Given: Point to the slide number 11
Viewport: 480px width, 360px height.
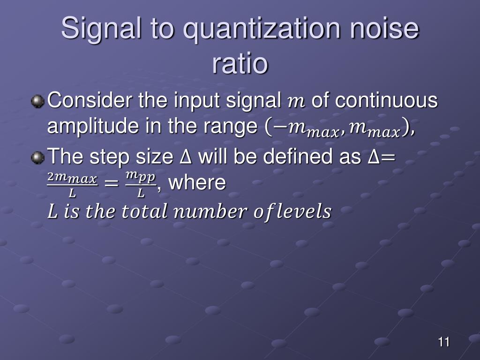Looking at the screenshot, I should [x=444, y=342].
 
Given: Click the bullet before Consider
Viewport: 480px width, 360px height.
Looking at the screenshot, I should [x=37, y=101].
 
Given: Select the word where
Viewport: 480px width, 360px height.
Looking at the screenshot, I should [x=197, y=183].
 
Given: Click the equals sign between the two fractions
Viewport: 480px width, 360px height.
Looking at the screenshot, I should [x=111, y=184].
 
